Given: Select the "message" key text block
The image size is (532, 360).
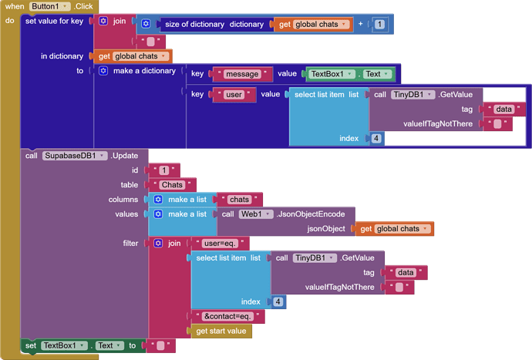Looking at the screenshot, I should pyautogui.click(x=244, y=74).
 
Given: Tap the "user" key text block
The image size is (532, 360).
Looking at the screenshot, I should pyautogui.click(x=234, y=95).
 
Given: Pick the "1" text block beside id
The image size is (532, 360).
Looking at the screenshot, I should pyautogui.click(x=163, y=170).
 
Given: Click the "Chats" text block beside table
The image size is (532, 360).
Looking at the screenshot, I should pyautogui.click(x=172, y=185).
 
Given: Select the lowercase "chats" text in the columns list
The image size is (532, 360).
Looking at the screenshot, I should pyautogui.click(x=239, y=200).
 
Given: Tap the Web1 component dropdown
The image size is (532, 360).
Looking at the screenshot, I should pyautogui.click(x=255, y=214).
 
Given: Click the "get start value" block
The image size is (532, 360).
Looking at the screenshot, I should pyautogui.click(x=221, y=331).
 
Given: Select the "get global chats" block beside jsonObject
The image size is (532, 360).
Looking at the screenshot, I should pyautogui.click(x=393, y=228).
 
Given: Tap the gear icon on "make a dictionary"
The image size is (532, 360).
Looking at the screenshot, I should pyautogui.click(x=103, y=71).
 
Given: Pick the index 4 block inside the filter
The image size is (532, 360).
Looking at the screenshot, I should pyautogui.click(x=278, y=301).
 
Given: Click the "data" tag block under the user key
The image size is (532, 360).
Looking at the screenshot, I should pyautogui.click(x=503, y=109).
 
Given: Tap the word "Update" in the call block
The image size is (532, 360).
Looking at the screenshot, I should pyautogui.click(x=125, y=155).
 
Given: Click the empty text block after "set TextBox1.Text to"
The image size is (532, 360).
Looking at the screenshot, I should pyautogui.click(x=160, y=345).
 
